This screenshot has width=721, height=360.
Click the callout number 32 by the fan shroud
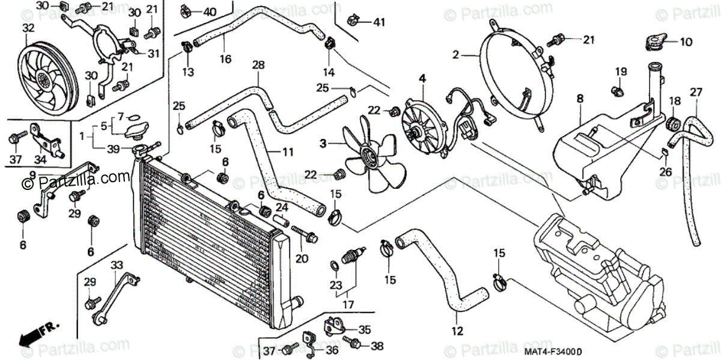point(28,28)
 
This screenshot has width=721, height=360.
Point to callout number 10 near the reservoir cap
point(686,42)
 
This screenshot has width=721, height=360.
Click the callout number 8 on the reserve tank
point(579,97)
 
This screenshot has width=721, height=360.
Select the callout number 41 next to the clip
point(379,23)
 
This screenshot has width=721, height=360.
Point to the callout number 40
point(210,12)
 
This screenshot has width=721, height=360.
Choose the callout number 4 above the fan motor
point(422,78)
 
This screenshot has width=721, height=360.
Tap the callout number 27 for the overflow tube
point(696,92)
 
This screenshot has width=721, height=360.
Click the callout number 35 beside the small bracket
point(365,329)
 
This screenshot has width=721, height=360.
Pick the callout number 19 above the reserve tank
point(620,72)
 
